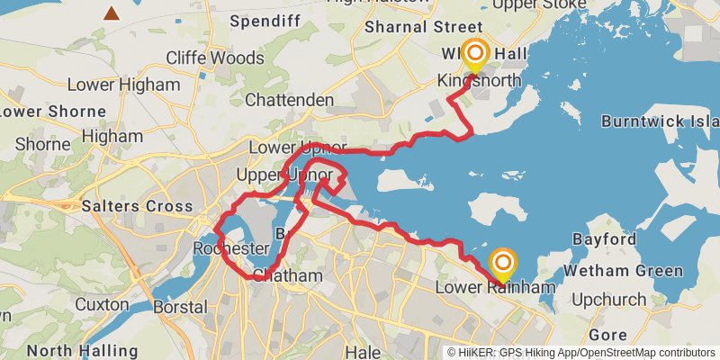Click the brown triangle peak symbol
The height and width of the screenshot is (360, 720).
coord(112,13)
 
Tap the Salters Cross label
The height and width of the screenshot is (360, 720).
coord(137,206)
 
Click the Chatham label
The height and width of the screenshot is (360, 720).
coord(287,274)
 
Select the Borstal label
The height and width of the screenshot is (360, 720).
coord(180,307)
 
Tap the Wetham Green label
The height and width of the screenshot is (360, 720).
coord(624,271)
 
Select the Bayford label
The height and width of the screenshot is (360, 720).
coord(605,239)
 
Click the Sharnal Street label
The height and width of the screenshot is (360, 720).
coord(416,26)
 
